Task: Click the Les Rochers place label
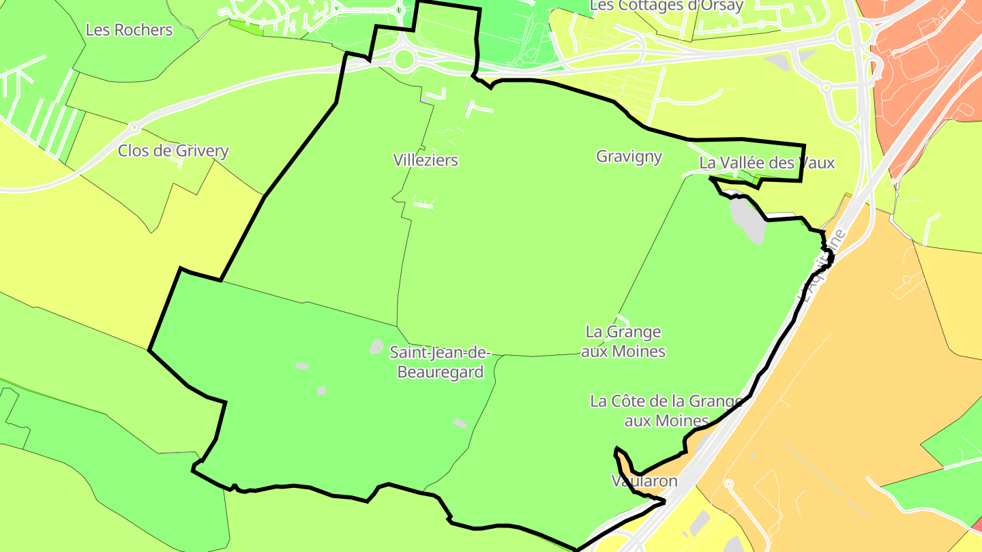coord(129,30)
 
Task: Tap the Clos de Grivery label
coord(173,151)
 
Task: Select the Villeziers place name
coord(426,160)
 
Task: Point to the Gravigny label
coord(629,157)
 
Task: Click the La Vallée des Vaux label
coord(767,164)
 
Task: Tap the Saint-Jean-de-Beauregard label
coord(440,362)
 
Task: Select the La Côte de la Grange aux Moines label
coord(666,410)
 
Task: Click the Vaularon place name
coord(644,481)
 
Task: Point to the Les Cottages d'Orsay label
coord(666,5)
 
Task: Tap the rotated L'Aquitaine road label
coord(822,266)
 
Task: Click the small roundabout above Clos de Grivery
coord(134,127)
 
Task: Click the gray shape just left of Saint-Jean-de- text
coord(376,347)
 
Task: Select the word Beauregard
coord(440,372)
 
